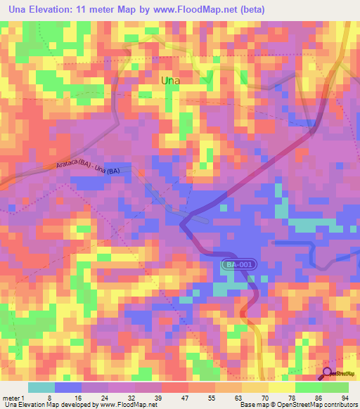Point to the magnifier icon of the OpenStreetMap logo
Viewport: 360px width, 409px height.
(x=328, y=372)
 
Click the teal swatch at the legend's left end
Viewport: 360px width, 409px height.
(x=41, y=387)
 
